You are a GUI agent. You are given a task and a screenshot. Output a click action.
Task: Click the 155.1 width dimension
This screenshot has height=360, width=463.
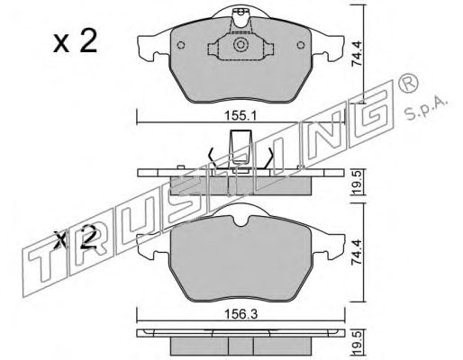[x=241, y=116]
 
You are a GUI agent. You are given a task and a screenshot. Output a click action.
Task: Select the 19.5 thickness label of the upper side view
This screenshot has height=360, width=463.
[x=358, y=183]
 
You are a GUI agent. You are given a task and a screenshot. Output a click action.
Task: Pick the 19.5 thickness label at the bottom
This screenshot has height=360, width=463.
[x=358, y=342]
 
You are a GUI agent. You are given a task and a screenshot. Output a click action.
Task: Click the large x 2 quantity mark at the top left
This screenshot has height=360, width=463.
[x=76, y=42]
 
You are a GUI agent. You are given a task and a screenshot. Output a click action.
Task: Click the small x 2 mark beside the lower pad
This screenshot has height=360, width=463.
[x=76, y=238]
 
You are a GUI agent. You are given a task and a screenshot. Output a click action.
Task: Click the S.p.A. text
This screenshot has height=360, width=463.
[x=426, y=109]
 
